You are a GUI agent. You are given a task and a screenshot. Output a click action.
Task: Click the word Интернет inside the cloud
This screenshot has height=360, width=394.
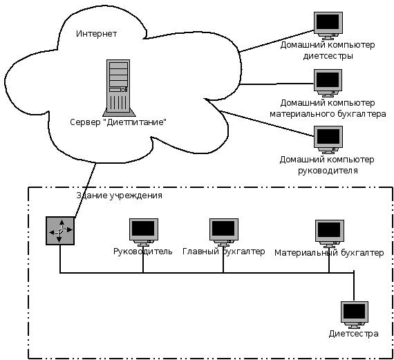pos(97,34)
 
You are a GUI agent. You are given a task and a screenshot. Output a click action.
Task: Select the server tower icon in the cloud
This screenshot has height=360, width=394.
pos(118,88)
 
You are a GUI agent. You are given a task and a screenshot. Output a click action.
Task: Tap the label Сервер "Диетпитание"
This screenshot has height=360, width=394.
pos(118,122)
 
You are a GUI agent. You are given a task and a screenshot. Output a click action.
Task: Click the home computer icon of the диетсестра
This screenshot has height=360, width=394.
pos(328,26)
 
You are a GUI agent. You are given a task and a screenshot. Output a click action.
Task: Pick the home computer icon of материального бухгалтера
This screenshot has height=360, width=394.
pos(328,83)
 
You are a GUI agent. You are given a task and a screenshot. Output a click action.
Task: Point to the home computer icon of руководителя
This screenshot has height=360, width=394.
pos(328,140)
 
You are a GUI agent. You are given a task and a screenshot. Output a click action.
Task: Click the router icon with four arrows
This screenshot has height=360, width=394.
pos(60,231)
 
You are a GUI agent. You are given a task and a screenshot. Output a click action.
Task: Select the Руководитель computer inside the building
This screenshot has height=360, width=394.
pos(144,232)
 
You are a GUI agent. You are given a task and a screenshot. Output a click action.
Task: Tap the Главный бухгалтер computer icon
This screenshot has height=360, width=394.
pos(224,232)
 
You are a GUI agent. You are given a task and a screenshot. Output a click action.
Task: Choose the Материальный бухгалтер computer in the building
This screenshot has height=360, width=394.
pos(330,234)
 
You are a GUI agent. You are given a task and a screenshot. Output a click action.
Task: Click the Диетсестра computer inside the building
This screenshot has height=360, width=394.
pos(355,315)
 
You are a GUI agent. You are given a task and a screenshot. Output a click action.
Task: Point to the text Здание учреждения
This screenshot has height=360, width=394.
pos(119,196)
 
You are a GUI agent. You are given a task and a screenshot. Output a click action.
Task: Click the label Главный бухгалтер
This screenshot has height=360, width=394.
pos(224,252)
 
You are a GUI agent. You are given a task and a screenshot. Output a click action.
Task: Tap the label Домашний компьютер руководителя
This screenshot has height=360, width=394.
pos(327,165)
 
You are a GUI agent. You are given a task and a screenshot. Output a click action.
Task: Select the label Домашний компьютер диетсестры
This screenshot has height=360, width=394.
pos(328,50)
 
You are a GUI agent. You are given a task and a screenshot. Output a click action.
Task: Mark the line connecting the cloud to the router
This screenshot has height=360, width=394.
pos(86,190)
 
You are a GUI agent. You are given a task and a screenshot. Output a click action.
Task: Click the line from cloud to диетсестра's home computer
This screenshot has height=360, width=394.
pos(277,41)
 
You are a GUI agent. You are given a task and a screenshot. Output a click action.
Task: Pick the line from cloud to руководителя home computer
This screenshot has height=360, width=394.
pos(267,124)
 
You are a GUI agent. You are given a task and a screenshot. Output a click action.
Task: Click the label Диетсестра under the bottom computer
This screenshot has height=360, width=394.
pos(353,334)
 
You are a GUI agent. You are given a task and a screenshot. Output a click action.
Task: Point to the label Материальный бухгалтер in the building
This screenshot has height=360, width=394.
pos(329,253)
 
